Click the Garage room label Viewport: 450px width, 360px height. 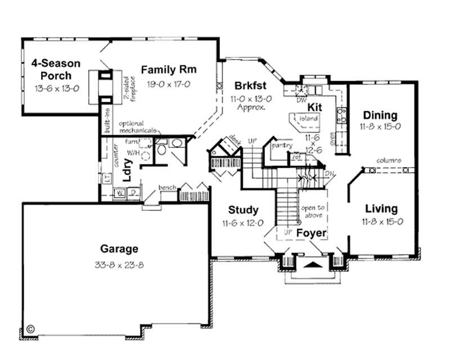pos(119,248)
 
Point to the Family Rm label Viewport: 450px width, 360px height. pos(168,70)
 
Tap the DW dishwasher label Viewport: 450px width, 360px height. pos(300,101)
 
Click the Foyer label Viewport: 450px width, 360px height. pos(312,232)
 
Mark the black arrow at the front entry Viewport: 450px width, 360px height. pos(313,263)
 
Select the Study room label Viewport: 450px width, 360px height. pos(244,210)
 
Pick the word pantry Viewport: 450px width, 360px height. pos(280,145)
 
